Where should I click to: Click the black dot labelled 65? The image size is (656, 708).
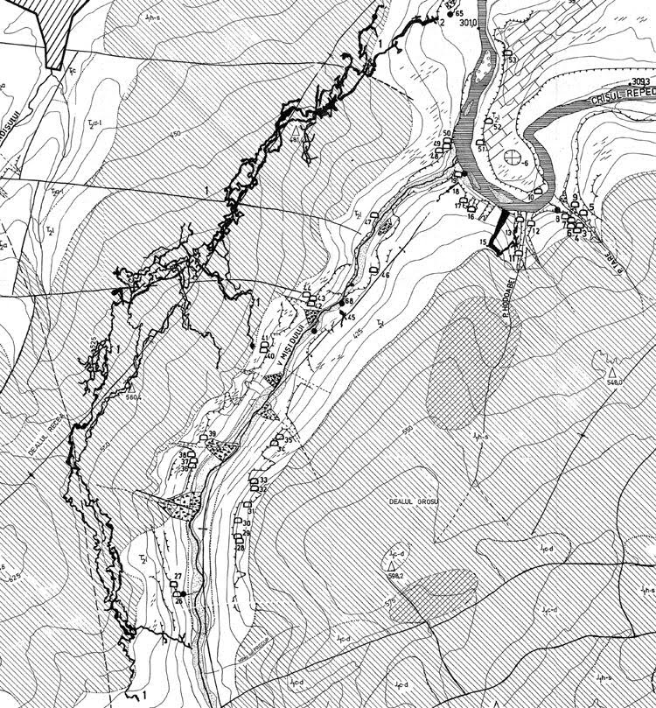[x=450, y=14]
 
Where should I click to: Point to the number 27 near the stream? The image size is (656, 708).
[x=178, y=576]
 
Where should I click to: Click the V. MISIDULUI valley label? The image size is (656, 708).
[x=297, y=339]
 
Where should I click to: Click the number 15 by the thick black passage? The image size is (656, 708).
[x=483, y=242]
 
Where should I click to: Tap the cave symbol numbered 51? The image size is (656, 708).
[x=480, y=142]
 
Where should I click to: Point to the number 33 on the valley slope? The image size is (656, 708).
[x=262, y=481]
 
